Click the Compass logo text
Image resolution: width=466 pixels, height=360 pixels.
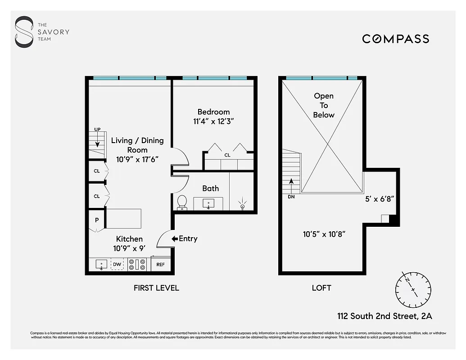[395, 39]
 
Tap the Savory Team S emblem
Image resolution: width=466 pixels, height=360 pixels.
[24, 32]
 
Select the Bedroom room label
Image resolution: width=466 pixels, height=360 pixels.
[213, 112]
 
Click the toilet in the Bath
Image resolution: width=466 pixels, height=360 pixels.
[182, 202]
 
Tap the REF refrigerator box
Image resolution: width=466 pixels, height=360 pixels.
[160, 265]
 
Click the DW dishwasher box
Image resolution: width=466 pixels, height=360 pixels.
[117, 264]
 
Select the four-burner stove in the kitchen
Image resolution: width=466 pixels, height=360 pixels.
[137, 264]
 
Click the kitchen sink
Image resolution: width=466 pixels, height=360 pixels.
[102, 265]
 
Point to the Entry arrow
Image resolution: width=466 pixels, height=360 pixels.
[175, 239]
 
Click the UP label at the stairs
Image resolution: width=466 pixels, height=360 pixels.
[97, 130]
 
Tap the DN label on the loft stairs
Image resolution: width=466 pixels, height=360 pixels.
[291, 196]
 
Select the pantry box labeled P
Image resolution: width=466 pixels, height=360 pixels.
[96, 220]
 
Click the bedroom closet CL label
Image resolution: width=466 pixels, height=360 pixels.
[227, 155]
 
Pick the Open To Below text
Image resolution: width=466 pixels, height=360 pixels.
[324, 105]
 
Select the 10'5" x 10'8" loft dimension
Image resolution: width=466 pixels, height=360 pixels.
[324, 234]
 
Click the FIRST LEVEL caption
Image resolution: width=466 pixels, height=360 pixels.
[156, 288]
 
